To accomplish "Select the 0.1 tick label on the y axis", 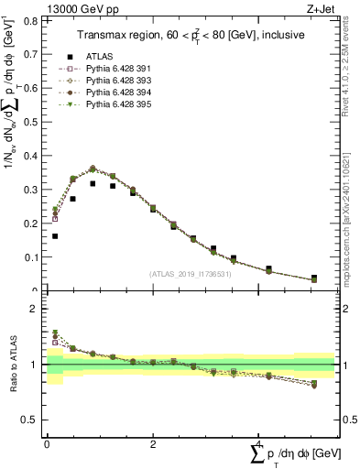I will [x=33, y=257].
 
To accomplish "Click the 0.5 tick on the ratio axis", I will [x=33, y=420].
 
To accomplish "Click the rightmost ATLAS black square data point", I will [x=314, y=278].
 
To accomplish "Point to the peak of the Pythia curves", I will [x=93, y=169].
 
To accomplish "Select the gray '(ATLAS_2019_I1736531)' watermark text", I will [x=189, y=274].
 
